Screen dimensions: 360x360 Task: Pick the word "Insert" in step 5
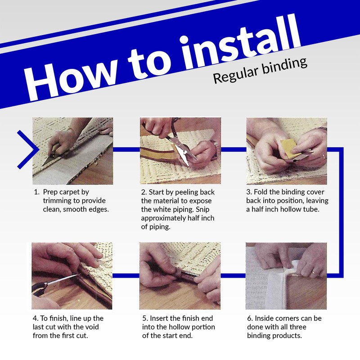[x=162, y=318]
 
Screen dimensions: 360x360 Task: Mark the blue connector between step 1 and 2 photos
[x=126, y=149]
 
